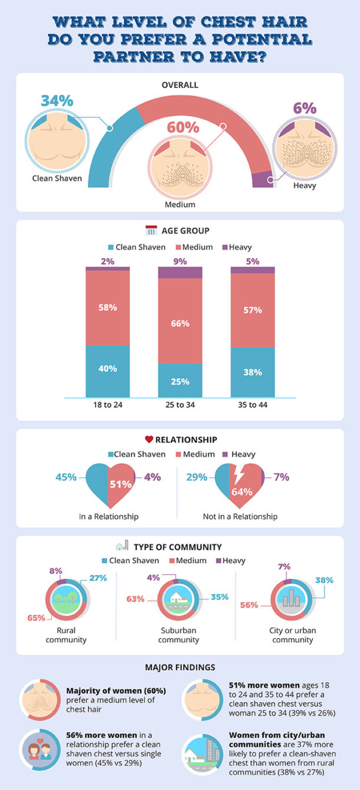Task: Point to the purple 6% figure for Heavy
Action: pos(305,109)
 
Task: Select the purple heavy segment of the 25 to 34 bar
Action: pos(180,272)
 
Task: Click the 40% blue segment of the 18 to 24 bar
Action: pos(107,369)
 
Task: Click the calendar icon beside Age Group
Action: pos(150,231)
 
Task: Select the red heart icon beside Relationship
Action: pos(149,440)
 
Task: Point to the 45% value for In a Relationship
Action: pos(66,477)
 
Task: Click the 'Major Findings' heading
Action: pos(179,667)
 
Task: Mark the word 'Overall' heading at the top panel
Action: pos(180,85)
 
